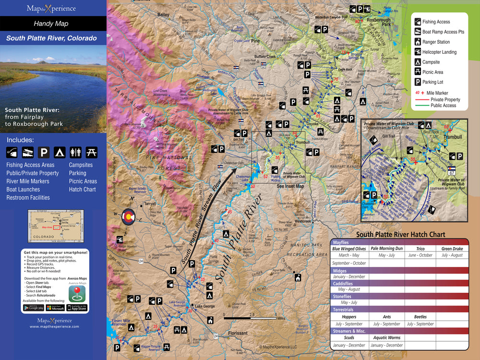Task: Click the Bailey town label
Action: click(163, 15)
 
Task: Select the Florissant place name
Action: click(238, 333)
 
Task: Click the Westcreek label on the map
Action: click(303, 221)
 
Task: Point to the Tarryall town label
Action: click(152, 204)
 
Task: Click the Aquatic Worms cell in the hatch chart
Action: click(386, 338)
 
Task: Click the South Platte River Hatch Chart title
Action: click(400, 235)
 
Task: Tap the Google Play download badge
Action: click(33, 308)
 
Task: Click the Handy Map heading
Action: click(51, 24)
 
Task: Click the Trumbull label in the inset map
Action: click(452, 137)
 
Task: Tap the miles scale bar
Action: click(250, 317)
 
